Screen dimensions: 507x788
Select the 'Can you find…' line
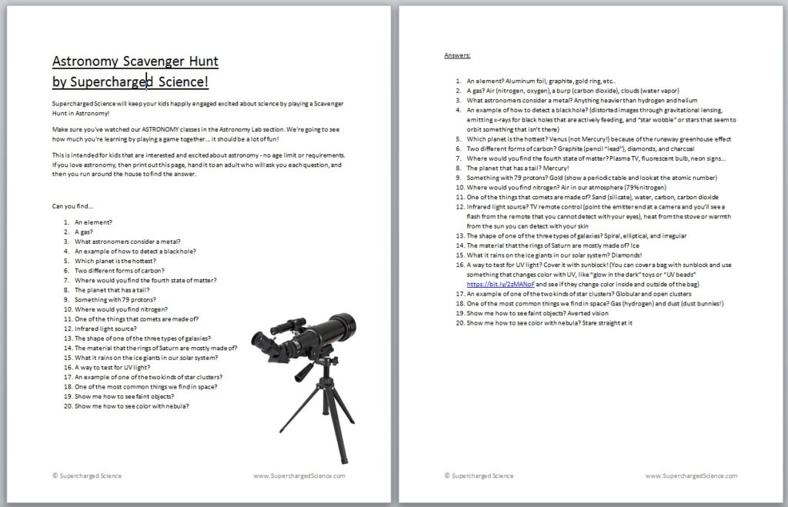[74, 206]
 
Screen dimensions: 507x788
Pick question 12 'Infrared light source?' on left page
[107, 329]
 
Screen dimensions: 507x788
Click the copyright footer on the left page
[87, 476]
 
